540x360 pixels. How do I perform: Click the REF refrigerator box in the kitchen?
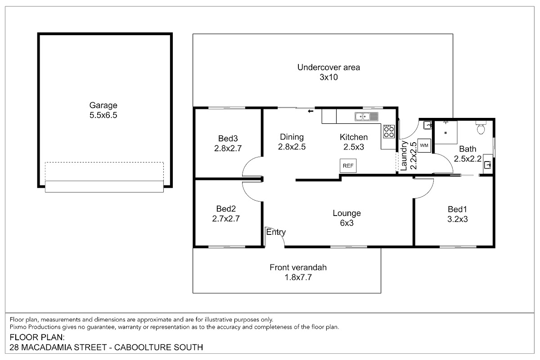(x=348, y=166)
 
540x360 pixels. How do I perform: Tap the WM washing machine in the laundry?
(x=424, y=145)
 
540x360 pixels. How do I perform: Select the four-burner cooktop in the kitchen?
(x=389, y=131)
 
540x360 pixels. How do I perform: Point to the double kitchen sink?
(x=366, y=117)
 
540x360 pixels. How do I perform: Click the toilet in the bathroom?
(x=481, y=127)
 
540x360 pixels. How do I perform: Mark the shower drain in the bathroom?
(x=445, y=133)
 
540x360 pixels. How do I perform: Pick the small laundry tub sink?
(x=427, y=125)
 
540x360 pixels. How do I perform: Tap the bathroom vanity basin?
(x=487, y=165)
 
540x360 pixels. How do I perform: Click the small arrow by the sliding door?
(x=310, y=111)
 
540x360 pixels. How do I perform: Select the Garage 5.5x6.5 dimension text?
(x=103, y=115)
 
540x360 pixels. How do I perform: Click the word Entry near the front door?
(x=276, y=232)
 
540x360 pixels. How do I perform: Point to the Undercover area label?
(x=328, y=67)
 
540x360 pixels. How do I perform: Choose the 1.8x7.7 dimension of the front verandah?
(x=298, y=277)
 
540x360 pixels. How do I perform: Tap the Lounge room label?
(x=346, y=213)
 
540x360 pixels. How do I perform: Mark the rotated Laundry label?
(x=404, y=156)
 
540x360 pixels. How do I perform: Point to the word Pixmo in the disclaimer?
(x=18, y=327)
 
